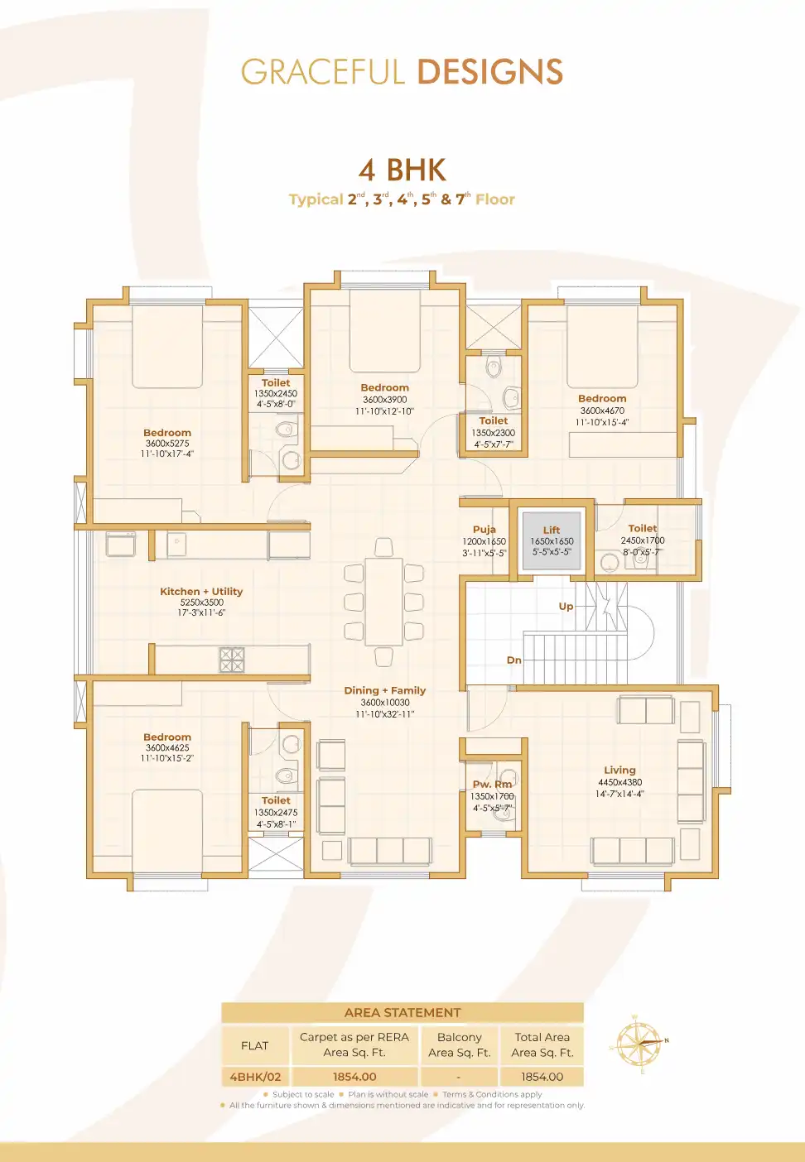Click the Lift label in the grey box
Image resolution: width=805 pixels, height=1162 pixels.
[x=552, y=530]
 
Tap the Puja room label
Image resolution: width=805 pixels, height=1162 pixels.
[x=484, y=530]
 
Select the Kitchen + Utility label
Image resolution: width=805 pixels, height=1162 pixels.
[x=201, y=592]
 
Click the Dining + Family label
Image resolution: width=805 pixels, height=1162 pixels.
[x=385, y=690]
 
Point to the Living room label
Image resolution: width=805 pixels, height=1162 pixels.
[x=619, y=770]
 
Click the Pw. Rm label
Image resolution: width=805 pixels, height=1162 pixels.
[x=493, y=784]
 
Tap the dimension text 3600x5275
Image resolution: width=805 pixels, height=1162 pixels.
[x=167, y=444]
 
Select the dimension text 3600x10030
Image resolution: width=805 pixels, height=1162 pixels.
[x=385, y=703]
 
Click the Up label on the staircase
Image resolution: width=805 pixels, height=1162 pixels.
[x=566, y=607]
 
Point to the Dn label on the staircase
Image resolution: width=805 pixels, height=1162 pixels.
[x=514, y=660]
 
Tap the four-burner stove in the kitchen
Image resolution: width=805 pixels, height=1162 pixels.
[x=232, y=660]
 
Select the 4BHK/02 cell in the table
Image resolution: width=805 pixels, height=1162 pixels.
[x=255, y=1077]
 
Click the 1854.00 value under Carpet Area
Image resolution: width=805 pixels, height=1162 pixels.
[x=354, y=1077]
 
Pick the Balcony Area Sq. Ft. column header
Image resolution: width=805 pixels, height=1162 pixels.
[x=460, y=1045]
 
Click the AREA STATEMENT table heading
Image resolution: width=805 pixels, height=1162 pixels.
[x=402, y=1013]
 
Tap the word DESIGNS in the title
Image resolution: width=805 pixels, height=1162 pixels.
[x=490, y=72]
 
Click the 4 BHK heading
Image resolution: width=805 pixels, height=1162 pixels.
[x=402, y=170]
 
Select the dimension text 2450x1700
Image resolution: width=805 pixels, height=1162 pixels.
[x=643, y=540]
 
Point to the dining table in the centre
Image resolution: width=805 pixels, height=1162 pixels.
[x=383, y=602]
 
